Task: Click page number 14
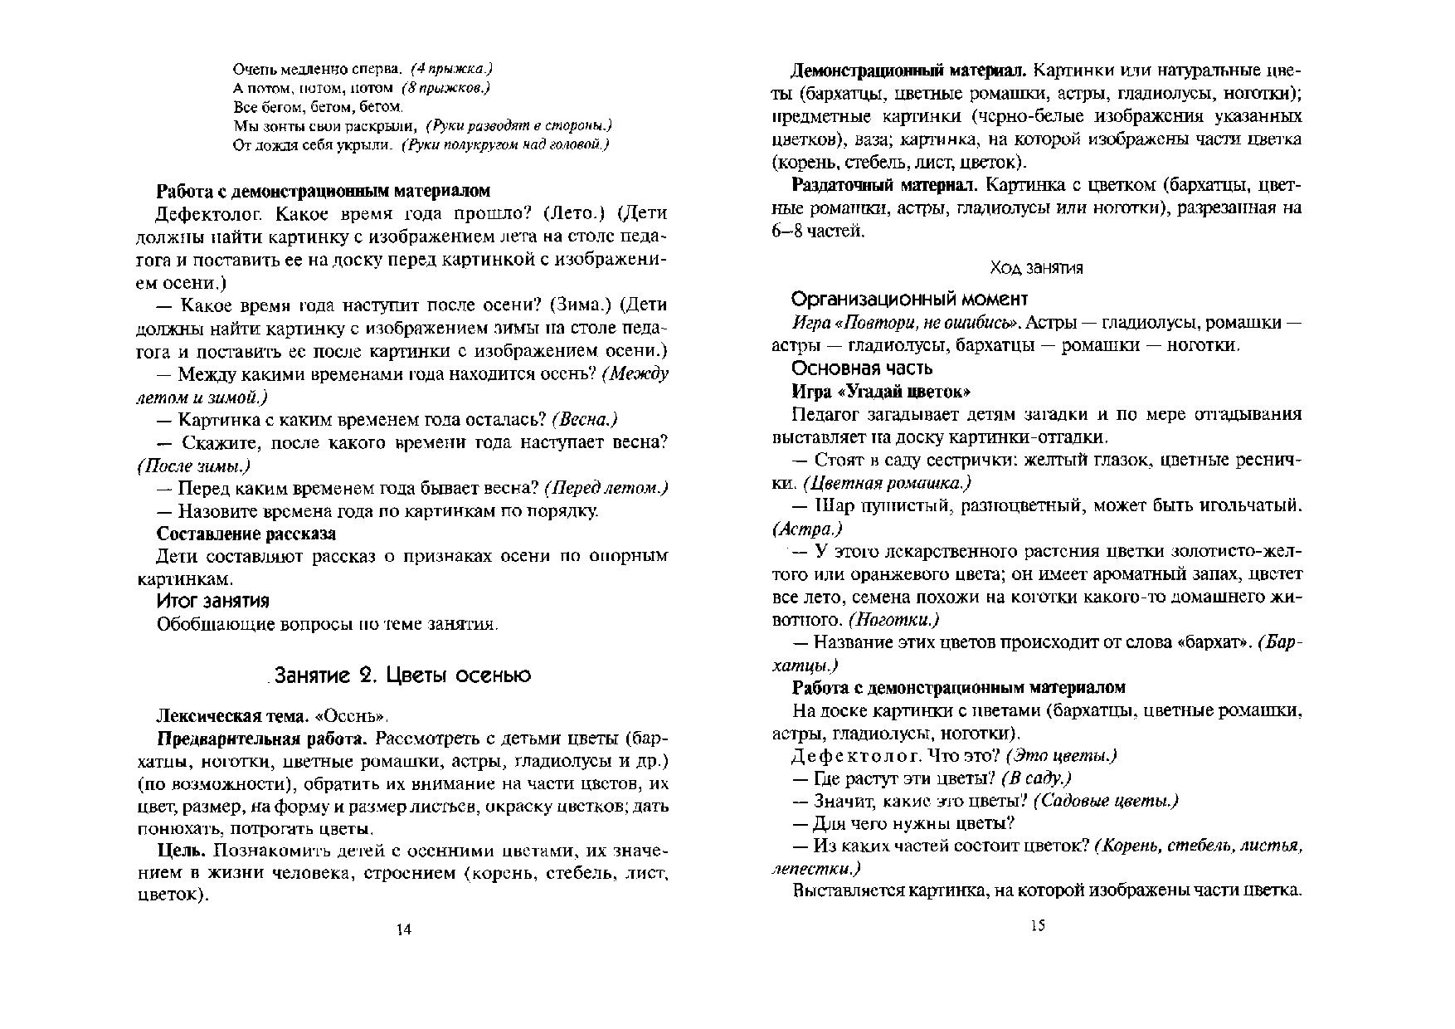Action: [404, 929]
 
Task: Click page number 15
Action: [1038, 926]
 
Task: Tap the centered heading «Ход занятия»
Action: [1036, 268]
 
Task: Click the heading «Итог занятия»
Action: [213, 601]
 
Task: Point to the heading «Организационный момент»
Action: [910, 299]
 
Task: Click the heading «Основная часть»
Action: [862, 368]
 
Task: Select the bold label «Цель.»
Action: [181, 851]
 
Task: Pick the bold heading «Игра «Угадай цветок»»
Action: [881, 391]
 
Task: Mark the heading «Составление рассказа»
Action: [246, 534]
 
